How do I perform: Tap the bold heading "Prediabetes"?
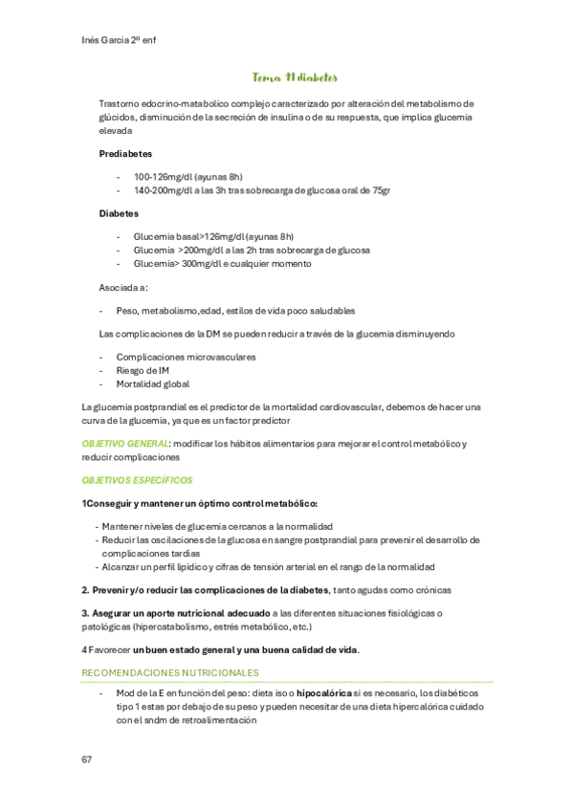pyautogui.click(x=125, y=153)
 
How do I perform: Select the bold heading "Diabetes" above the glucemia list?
pyautogui.click(x=119, y=213)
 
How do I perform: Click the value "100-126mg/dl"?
pyautogui.click(x=156, y=177)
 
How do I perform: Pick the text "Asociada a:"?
pyautogui.click(x=123, y=287)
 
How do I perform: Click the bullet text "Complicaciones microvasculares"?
pyautogui.click(x=186, y=357)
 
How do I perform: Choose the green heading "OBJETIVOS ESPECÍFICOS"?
pyautogui.click(x=137, y=480)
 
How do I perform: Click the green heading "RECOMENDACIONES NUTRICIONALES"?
pyautogui.click(x=170, y=673)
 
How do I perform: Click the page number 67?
pyautogui.click(x=87, y=759)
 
